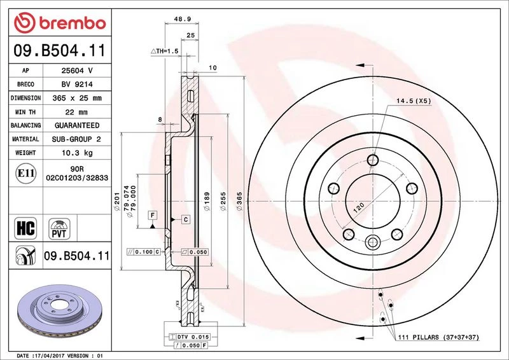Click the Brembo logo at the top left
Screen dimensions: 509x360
pos(60,23)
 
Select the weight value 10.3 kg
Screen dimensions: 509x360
pos(77,153)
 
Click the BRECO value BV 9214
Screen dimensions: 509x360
pos(77,85)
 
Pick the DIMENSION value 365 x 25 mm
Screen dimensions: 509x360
pos(77,98)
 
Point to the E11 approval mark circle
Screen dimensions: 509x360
pos(25,174)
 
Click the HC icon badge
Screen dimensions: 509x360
pos(25,228)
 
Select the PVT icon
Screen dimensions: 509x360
pos(59,229)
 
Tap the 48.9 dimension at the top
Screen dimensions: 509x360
pos(182,19)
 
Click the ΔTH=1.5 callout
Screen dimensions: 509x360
pos(165,51)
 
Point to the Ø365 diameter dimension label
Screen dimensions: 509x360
pos(239,201)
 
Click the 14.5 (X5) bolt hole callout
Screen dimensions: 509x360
pos(414,101)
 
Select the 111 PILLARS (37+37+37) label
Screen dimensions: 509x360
pos(438,337)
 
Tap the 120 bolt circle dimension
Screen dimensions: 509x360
pos(359,207)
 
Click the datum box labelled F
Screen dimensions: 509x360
pos(152,215)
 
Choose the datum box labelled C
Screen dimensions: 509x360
pos(185,220)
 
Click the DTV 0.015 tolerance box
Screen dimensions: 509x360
pos(189,337)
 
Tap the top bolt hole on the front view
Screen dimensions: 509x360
pos(373,160)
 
